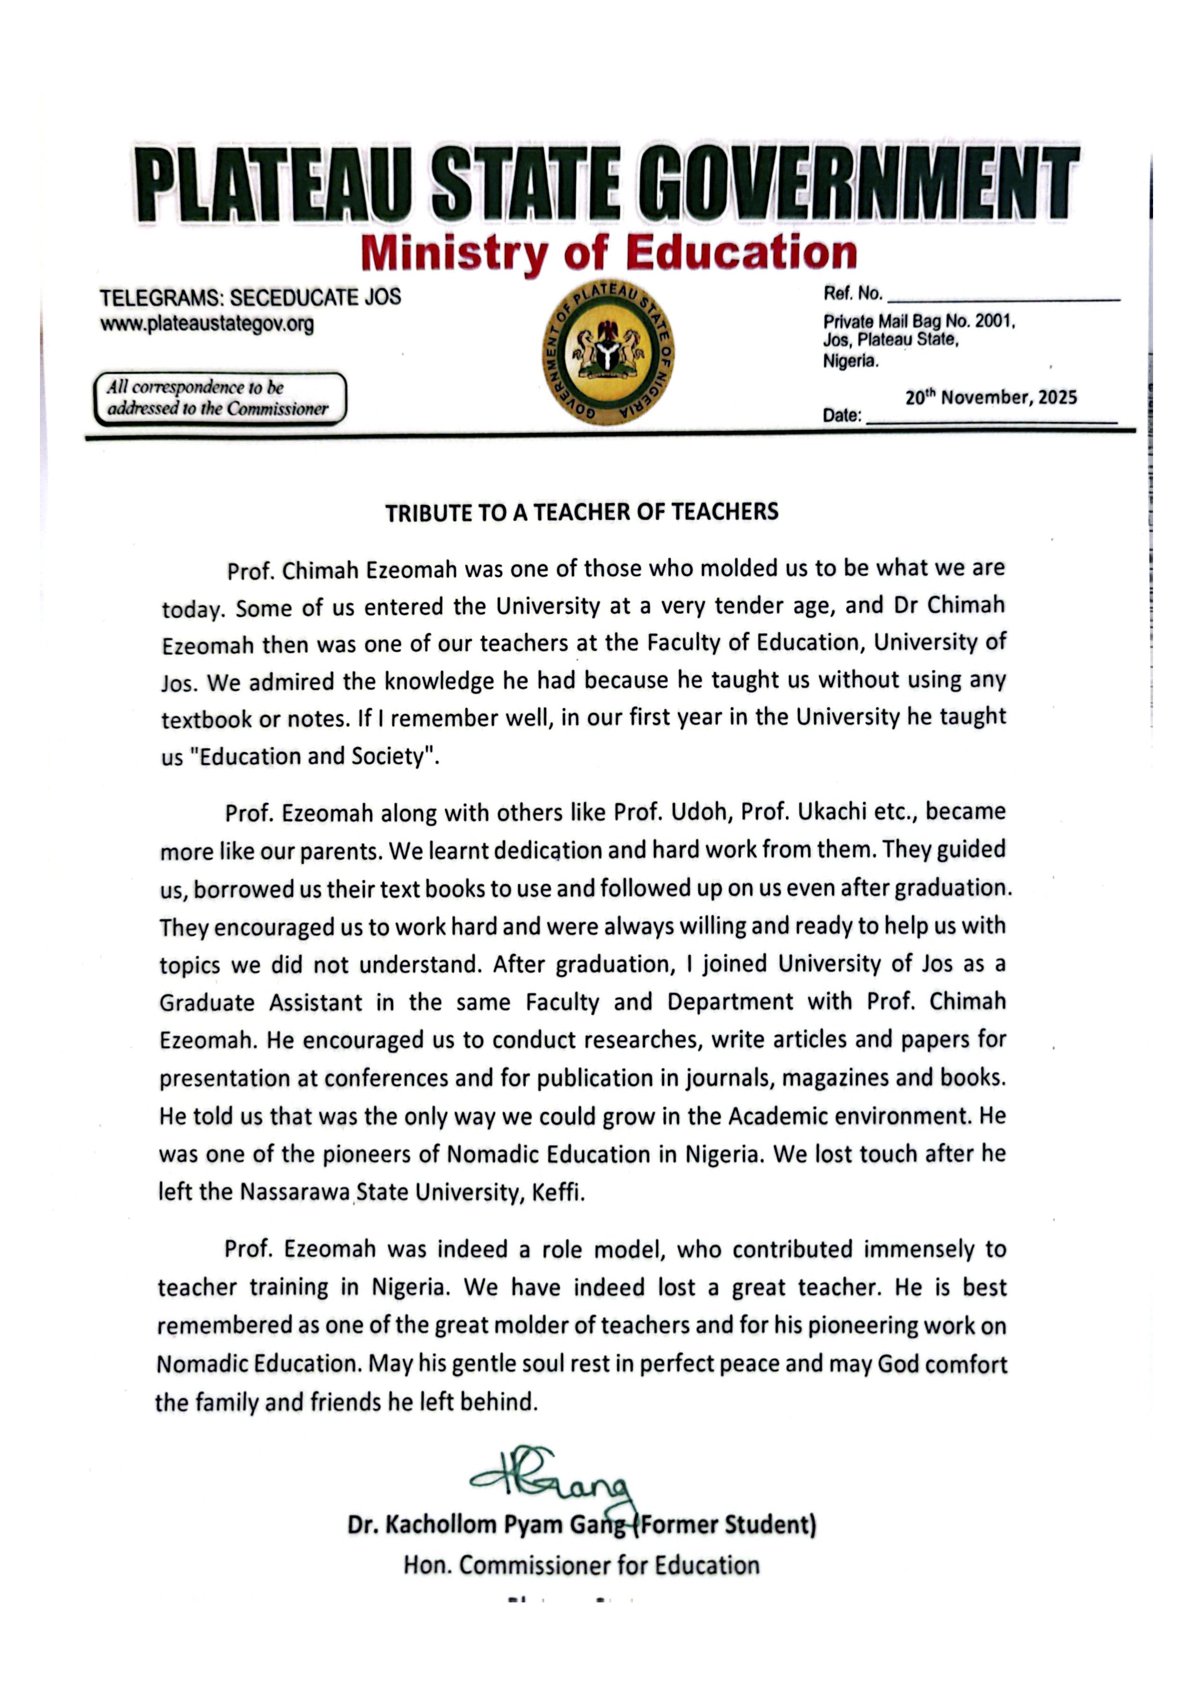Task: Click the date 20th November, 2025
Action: [991, 398]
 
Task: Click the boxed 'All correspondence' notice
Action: [219, 398]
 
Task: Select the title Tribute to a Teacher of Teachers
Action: [581, 512]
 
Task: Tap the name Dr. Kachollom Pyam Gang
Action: [485, 1524]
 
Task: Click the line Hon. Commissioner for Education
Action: [581, 1564]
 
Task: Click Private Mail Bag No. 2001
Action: [919, 322]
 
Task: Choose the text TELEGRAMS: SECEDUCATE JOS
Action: [250, 298]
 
